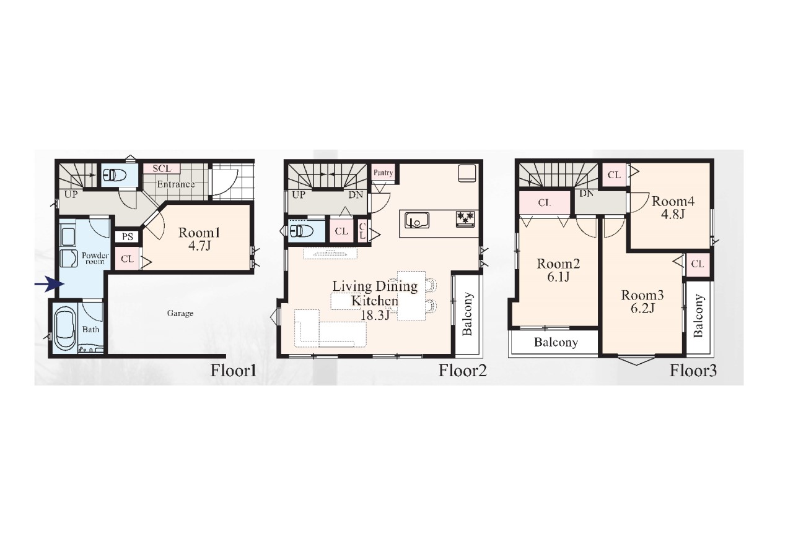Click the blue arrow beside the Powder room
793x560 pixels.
coord(50,284)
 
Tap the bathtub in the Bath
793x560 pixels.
coord(65,329)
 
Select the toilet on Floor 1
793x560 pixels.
coord(113,174)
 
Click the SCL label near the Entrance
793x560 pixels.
coord(162,169)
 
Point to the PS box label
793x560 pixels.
coord(128,236)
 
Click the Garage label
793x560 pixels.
coord(180,313)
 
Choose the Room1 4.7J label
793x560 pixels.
coord(199,239)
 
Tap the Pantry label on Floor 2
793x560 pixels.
coord(383,173)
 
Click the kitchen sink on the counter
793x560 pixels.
coord(417,220)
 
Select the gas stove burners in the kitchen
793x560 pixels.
coord(465,217)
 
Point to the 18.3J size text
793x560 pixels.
coord(375,315)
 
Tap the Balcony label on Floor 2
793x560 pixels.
coord(468,314)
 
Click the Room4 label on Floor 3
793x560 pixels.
coord(673,201)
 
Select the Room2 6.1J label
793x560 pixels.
coord(558,270)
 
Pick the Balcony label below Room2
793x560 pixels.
coord(556,342)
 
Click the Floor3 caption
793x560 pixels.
coord(693,371)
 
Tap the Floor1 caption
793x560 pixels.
coord(234,371)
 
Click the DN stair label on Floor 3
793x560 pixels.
coord(587,194)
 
